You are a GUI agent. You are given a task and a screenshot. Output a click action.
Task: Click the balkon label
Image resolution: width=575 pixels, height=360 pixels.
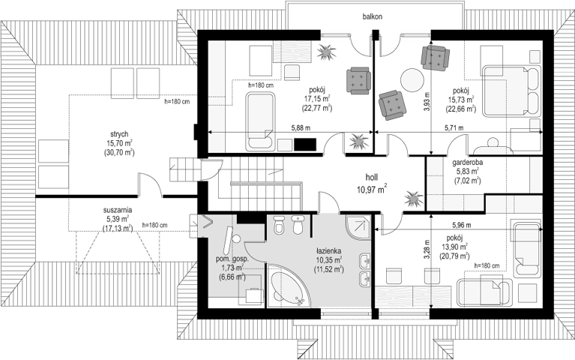pyautogui.click(x=373, y=16)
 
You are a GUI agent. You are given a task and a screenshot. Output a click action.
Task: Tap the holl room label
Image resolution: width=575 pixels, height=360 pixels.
pyautogui.click(x=372, y=178)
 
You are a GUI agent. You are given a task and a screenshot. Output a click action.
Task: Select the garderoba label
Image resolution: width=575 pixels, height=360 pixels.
pyautogui.click(x=468, y=162)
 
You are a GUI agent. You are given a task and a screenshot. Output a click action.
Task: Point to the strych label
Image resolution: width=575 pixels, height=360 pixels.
pyautogui.click(x=119, y=134)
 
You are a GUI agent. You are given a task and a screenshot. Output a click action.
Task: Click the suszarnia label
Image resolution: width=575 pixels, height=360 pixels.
pyautogui.click(x=118, y=211)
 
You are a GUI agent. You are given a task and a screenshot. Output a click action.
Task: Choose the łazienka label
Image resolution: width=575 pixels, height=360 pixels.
pyautogui.click(x=329, y=251)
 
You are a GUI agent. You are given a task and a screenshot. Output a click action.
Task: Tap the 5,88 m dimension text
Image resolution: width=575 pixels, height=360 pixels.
pyautogui.click(x=301, y=128)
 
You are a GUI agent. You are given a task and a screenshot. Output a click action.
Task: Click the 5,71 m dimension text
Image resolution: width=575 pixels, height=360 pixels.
pyautogui.click(x=454, y=128)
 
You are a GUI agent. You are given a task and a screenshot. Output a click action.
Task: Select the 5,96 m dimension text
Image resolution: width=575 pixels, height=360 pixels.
pyautogui.click(x=462, y=224)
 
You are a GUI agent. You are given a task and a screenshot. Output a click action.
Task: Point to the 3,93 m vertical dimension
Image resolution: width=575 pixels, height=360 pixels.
pyautogui.click(x=426, y=103)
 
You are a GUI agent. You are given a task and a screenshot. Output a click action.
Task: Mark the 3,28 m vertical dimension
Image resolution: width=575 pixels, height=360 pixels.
pyautogui.click(x=426, y=250)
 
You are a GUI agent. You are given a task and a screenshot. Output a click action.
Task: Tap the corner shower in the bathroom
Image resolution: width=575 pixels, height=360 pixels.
pyautogui.click(x=358, y=227)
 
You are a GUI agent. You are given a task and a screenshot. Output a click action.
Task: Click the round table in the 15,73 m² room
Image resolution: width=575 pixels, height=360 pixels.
pyautogui.click(x=412, y=80)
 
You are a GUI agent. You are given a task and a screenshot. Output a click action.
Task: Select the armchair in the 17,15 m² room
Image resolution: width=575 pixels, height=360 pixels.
pyautogui.click(x=358, y=80)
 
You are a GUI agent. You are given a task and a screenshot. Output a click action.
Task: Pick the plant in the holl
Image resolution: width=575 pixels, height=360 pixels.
pyautogui.click(x=414, y=199)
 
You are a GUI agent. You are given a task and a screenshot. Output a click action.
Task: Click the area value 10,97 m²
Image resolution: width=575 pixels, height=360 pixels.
pyautogui.click(x=372, y=189)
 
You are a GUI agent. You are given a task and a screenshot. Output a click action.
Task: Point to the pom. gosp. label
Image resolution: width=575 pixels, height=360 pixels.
pyautogui.click(x=232, y=259)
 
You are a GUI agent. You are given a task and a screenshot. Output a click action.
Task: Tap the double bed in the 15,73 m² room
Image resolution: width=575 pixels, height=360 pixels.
pyautogui.click(x=511, y=91)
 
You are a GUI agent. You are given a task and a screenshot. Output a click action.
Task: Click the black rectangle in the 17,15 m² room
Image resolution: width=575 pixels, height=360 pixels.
pyautogui.click(x=305, y=144)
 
